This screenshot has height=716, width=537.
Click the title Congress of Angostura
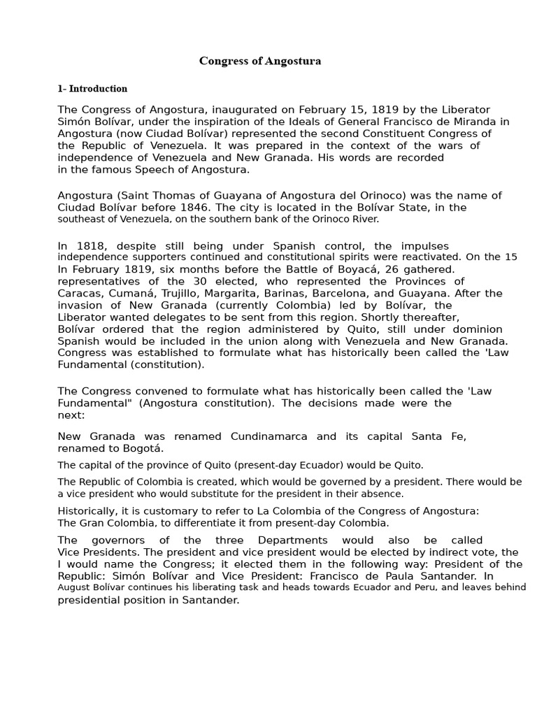260,61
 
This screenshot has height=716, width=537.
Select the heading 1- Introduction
92,89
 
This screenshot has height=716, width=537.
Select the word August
74,588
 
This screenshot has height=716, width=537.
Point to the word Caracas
78,293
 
